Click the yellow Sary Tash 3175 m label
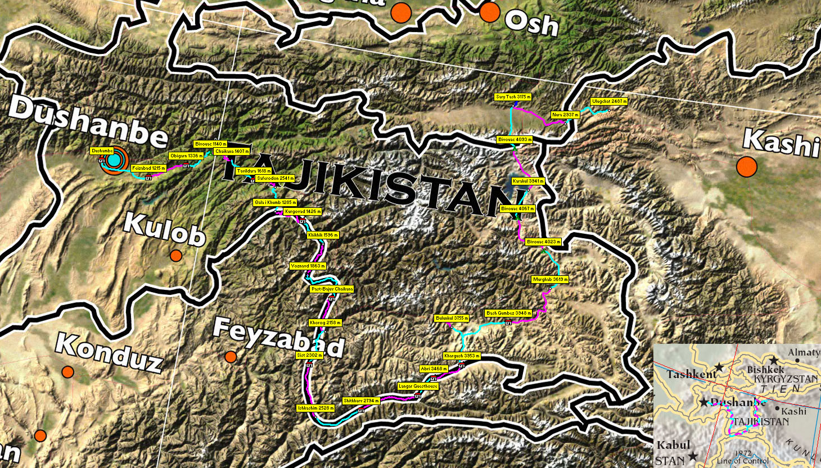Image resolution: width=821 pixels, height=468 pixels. (513, 97)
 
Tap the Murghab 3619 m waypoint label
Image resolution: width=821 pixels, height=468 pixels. (551, 279)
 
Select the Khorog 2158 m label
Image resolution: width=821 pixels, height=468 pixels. (325, 322)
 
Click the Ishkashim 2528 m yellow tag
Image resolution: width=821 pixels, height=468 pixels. (315, 408)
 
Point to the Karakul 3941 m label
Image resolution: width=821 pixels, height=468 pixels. (528, 181)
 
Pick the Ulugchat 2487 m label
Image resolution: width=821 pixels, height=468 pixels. (609, 102)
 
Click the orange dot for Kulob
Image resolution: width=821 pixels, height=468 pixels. (176, 256)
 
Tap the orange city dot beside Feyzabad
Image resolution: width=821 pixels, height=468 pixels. (231, 357)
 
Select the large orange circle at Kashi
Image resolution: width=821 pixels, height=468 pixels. (747, 166)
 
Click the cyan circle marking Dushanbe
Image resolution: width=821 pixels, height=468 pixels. (114, 161)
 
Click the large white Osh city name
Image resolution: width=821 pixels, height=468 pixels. (531, 24)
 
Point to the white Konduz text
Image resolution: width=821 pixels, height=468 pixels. (110, 352)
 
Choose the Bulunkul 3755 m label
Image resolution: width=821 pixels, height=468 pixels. (452, 319)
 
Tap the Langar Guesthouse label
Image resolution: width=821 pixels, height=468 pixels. (418, 386)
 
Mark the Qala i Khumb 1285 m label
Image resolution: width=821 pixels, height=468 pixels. (275, 202)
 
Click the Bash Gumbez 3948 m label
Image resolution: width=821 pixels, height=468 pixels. (508, 313)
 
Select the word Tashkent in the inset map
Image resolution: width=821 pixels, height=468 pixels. (692, 374)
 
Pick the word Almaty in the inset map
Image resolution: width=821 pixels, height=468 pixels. (803, 352)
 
